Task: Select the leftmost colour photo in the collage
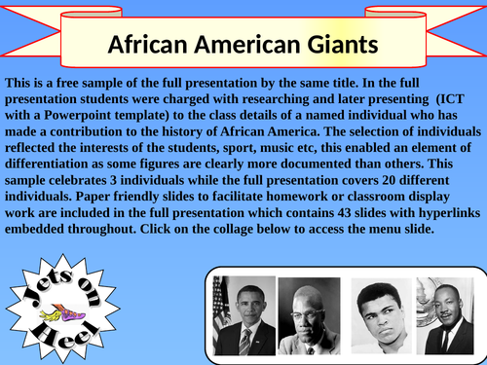pos(244,316)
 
